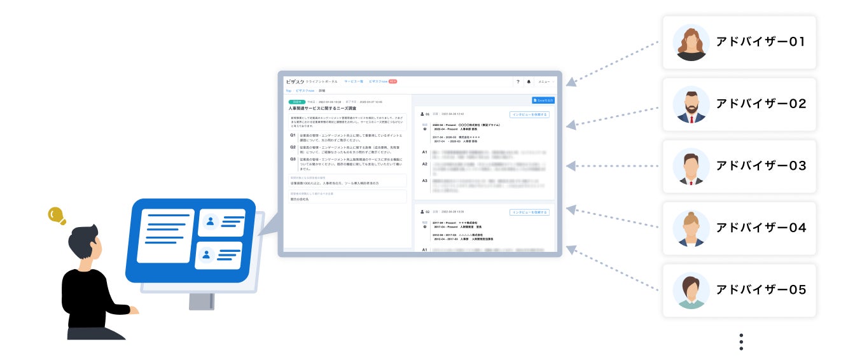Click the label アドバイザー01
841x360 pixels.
click(761, 43)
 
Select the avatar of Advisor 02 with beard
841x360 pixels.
click(691, 104)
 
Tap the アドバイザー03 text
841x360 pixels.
click(761, 166)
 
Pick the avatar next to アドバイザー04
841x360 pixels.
click(691, 228)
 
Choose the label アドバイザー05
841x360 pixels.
click(761, 290)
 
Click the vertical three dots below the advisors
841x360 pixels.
click(741, 342)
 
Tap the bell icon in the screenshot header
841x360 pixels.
click(528, 82)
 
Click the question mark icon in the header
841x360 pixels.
click(518, 82)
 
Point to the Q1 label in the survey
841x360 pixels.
click(293, 135)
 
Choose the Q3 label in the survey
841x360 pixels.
click(293, 159)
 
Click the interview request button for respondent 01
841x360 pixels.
click(529, 114)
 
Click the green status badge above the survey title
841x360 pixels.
click(297, 102)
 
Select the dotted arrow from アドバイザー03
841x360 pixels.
click(614, 167)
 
